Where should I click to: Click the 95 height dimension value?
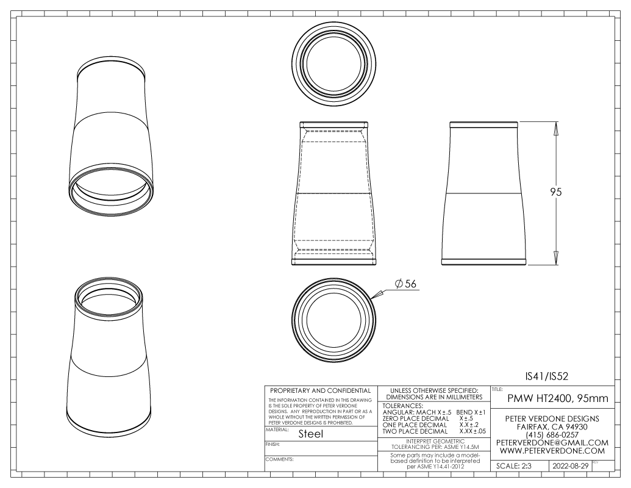point(556,192)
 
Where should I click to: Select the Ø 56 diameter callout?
point(405,284)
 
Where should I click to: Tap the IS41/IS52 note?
point(547,376)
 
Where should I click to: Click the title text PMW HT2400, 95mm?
point(558,398)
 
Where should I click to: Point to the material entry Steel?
point(311,434)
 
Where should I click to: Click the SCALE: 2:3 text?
point(513,466)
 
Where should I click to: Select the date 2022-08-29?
point(570,466)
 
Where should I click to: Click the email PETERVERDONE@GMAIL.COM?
point(552,442)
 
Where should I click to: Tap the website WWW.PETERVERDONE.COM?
point(552,451)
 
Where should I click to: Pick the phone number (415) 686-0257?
point(552,435)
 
